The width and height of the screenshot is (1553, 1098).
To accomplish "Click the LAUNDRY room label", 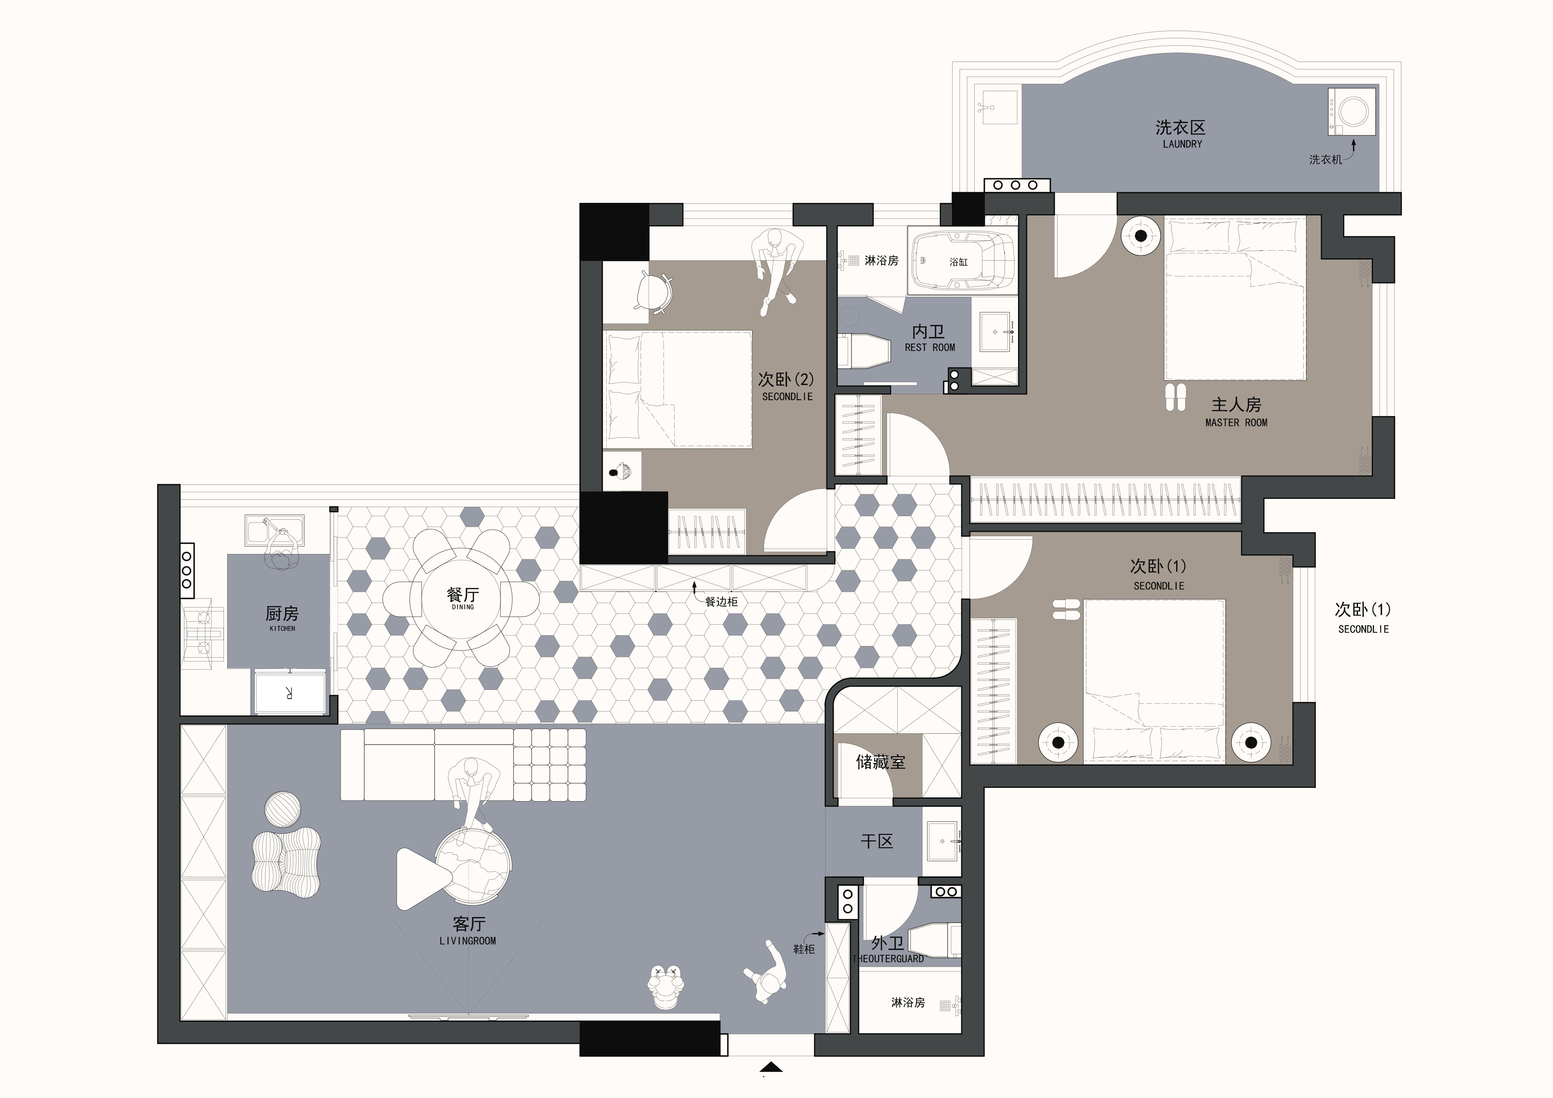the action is (1182, 144).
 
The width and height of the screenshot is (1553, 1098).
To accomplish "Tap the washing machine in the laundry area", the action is (1351, 112).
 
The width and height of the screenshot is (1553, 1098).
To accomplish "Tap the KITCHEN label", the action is (282, 629).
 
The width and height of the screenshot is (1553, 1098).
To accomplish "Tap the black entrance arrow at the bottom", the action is (771, 1068).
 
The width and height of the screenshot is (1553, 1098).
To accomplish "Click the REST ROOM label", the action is (930, 348).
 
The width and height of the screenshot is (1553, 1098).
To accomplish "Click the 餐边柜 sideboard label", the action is (722, 602).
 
